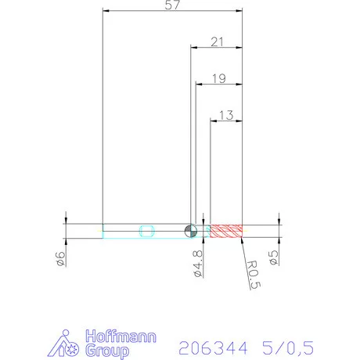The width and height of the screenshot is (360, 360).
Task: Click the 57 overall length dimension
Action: pos(174,6)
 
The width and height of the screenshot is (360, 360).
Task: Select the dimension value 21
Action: pos(219,43)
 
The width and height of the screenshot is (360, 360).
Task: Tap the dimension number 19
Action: pos(219,78)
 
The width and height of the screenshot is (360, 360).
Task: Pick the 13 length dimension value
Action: pos(227,114)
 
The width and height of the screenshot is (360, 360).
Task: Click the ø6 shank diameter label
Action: pos(61,259)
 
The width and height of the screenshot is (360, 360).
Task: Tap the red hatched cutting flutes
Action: pos(228,230)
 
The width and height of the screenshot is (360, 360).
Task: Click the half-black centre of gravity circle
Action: pos(189,230)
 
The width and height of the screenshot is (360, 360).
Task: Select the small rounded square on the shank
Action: pos(146,230)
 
